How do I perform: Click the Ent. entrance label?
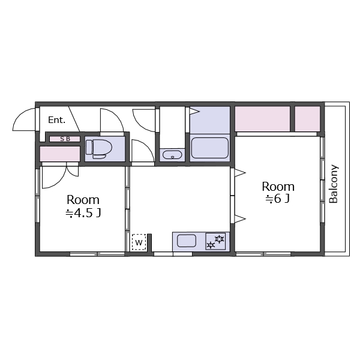(x=57, y=120)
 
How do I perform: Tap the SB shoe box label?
(x=65, y=139)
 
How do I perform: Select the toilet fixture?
(x=99, y=149)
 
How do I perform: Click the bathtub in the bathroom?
(x=210, y=148)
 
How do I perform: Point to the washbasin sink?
(x=172, y=155)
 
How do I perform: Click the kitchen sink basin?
(x=187, y=241)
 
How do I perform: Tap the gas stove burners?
(x=215, y=241)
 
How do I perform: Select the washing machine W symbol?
(x=139, y=242)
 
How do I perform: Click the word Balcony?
(x=334, y=184)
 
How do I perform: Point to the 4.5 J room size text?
(x=83, y=213)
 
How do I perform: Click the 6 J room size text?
(x=278, y=199)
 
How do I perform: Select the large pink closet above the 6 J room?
(x=262, y=119)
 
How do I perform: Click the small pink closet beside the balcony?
(x=307, y=119)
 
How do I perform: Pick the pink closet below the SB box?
(x=59, y=154)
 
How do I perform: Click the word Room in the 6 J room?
(x=278, y=187)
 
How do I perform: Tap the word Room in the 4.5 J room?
(x=83, y=200)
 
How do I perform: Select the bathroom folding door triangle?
(x=194, y=112)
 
